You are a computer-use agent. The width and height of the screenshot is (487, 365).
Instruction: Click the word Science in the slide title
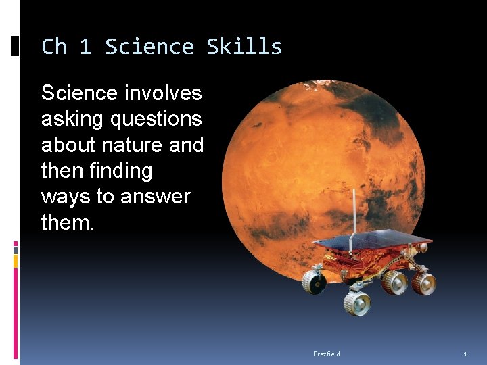(149, 47)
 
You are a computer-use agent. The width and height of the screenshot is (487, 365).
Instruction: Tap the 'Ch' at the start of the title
(54, 47)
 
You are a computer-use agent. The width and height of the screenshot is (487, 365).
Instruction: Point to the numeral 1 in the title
(85, 47)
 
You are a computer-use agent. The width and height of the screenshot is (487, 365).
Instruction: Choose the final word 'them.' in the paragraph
(68, 222)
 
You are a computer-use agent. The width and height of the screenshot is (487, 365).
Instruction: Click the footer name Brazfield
(327, 354)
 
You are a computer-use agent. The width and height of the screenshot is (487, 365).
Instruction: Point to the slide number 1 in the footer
(465, 354)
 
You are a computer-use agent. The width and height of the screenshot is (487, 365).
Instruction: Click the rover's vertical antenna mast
(353, 213)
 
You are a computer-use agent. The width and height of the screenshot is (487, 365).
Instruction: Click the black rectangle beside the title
(16, 46)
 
